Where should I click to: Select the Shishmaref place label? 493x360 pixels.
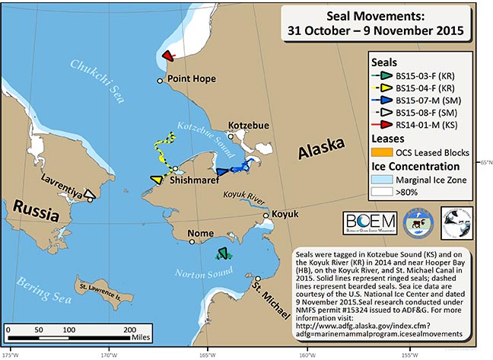pos(194,180)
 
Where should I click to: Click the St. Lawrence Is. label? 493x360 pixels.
pos(103,287)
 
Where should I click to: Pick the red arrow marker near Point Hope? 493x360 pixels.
pos(169,54)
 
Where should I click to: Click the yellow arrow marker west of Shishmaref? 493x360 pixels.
pos(156,180)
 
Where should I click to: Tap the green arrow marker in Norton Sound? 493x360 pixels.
pos(222,253)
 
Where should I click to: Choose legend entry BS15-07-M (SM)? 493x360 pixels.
pos(431,100)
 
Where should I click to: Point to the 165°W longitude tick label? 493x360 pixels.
pos(206,354)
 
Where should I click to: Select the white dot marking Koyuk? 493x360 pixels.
pos(266,215)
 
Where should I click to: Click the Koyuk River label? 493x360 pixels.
pos(246,196)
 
